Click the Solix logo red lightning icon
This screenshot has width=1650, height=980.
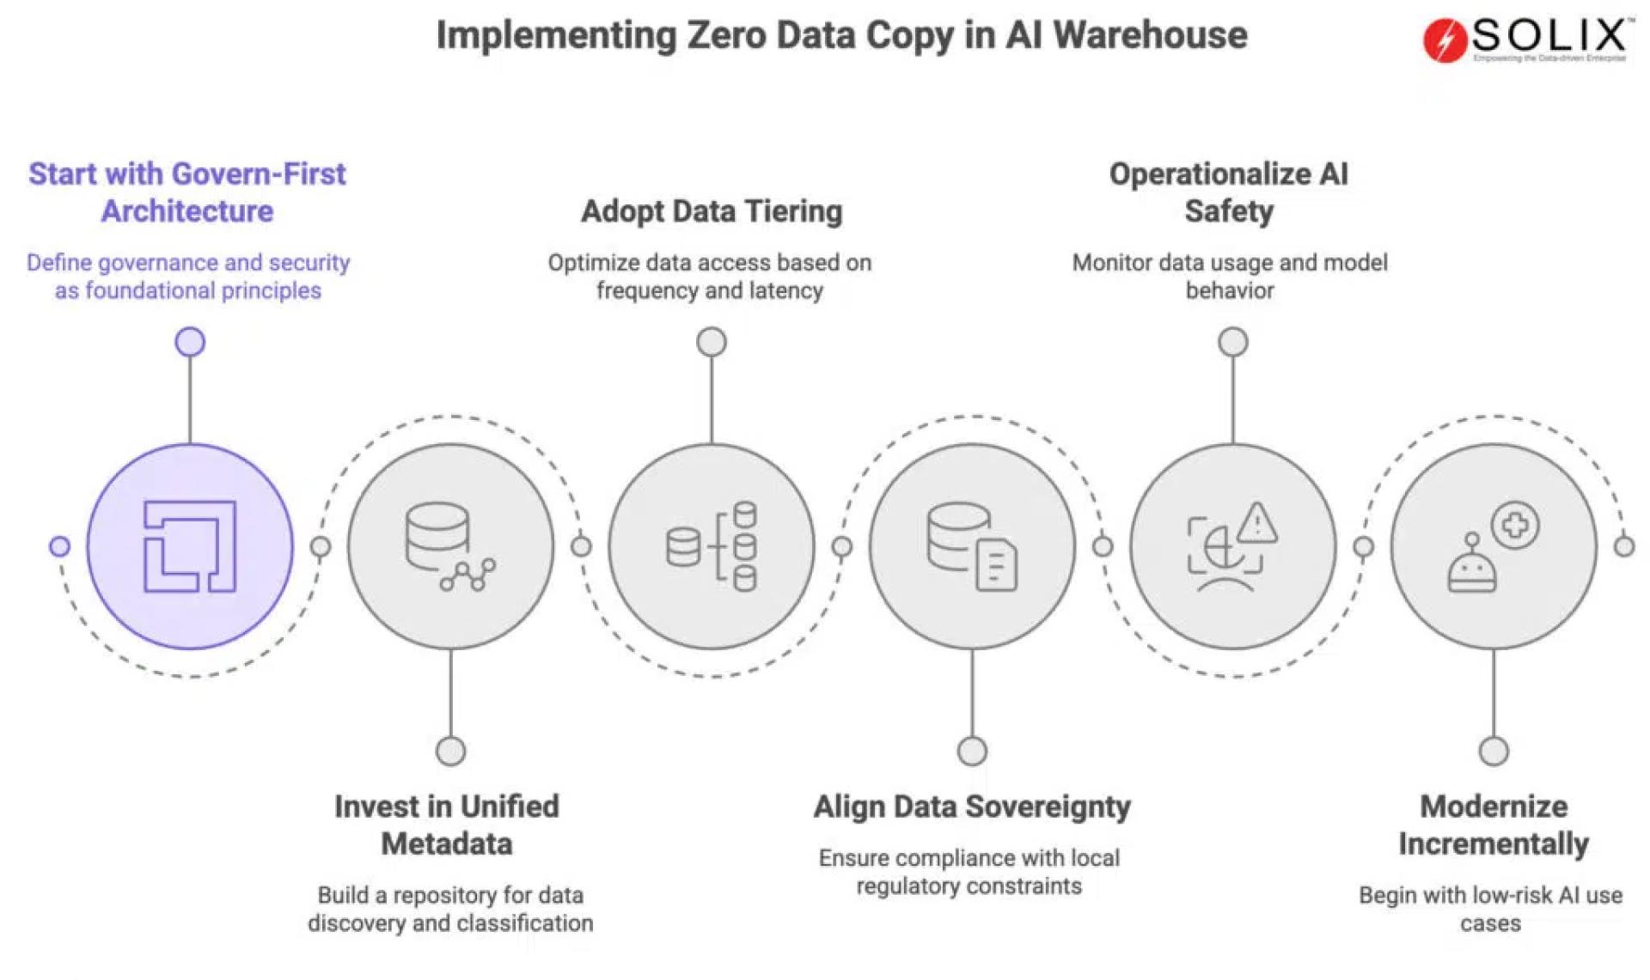(x=1445, y=40)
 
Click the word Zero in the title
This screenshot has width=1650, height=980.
(x=726, y=36)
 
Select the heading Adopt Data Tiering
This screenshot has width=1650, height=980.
(x=712, y=211)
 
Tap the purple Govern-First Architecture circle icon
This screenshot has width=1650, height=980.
(x=190, y=546)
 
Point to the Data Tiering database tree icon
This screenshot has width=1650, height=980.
(x=712, y=546)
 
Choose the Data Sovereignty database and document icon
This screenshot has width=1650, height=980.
(x=972, y=546)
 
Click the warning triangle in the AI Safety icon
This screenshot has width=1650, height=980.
(x=1257, y=522)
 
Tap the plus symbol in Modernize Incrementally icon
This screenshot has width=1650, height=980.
(x=1515, y=525)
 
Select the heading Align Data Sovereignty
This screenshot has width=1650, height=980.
(x=972, y=807)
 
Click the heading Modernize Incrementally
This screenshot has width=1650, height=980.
(x=1494, y=825)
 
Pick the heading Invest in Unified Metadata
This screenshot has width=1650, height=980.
(x=447, y=825)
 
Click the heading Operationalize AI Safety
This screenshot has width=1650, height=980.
(x=1229, y=192)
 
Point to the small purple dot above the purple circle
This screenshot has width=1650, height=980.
(x=190, y=342)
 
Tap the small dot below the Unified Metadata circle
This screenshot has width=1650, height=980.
(x=450, y=752)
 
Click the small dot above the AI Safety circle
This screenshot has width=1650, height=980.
(x=1233, y=342)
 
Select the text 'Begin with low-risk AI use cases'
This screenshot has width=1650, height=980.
(x=1490, y=909)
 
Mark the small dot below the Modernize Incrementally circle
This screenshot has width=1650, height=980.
(x=1494, y=752)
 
